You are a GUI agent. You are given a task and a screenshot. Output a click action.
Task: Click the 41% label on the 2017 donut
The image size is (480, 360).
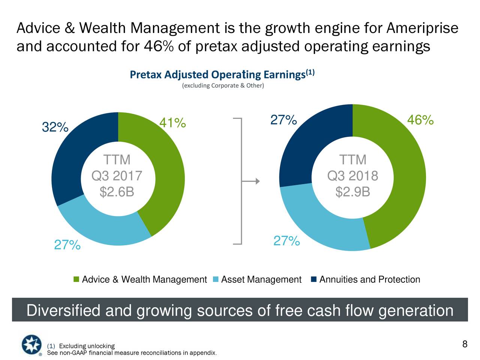pyautogui.click(x=172, y=123)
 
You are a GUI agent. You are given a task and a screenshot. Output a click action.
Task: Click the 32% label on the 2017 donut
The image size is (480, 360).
pyautogui.click(x=55, y=127)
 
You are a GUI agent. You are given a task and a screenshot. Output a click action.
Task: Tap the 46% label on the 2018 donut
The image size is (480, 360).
pyautogui.click(x=420, y=120)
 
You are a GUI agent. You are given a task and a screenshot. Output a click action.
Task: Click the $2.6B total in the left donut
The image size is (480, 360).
pyautogui.click(x=117, y=192)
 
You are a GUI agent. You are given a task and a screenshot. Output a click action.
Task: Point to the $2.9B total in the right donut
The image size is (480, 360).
pyautogui.click(x=352, y=192)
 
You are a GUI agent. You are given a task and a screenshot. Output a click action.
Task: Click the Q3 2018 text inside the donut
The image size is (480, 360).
pyautogui.click(x=352, y=176)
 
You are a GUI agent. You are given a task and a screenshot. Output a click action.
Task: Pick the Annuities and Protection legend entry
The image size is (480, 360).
pyautogui.click(x=366, y=280)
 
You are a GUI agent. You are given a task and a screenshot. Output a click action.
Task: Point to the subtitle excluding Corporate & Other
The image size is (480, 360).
pyautogui.click(x=223, y=86)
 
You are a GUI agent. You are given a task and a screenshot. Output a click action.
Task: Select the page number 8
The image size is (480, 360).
pyautogui.click(x=465, y=344)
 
